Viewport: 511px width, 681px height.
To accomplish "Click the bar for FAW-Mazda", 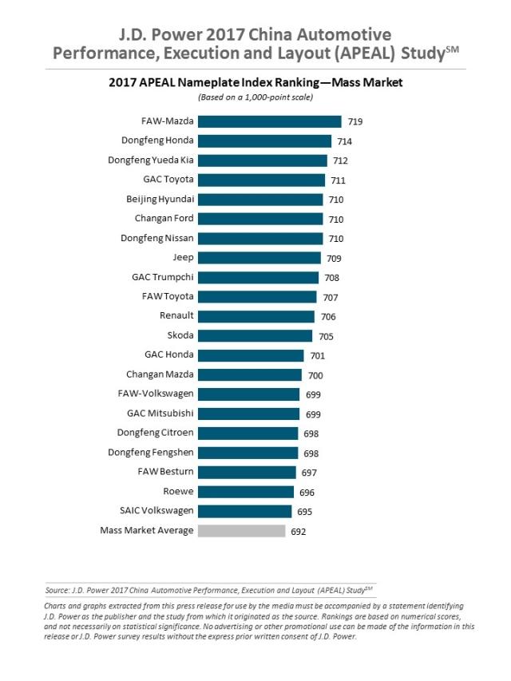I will click(269, 121).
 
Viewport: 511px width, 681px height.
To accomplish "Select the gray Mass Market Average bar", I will click(241, 531).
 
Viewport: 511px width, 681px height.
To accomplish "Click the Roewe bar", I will click(245, 492).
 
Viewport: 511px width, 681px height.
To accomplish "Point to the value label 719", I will click(355, 122).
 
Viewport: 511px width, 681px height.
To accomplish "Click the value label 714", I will click(344, 141).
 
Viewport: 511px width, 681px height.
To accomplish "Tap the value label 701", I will click(318, 356).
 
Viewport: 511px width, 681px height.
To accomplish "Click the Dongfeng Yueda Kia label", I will click(151, 160).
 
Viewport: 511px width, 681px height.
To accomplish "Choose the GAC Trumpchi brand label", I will click(162, 277).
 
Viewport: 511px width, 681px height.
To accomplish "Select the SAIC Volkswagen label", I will click(156, 511).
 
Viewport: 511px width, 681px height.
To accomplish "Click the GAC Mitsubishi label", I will click(160, 414).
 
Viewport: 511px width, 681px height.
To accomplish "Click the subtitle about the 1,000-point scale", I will click(255, 97).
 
